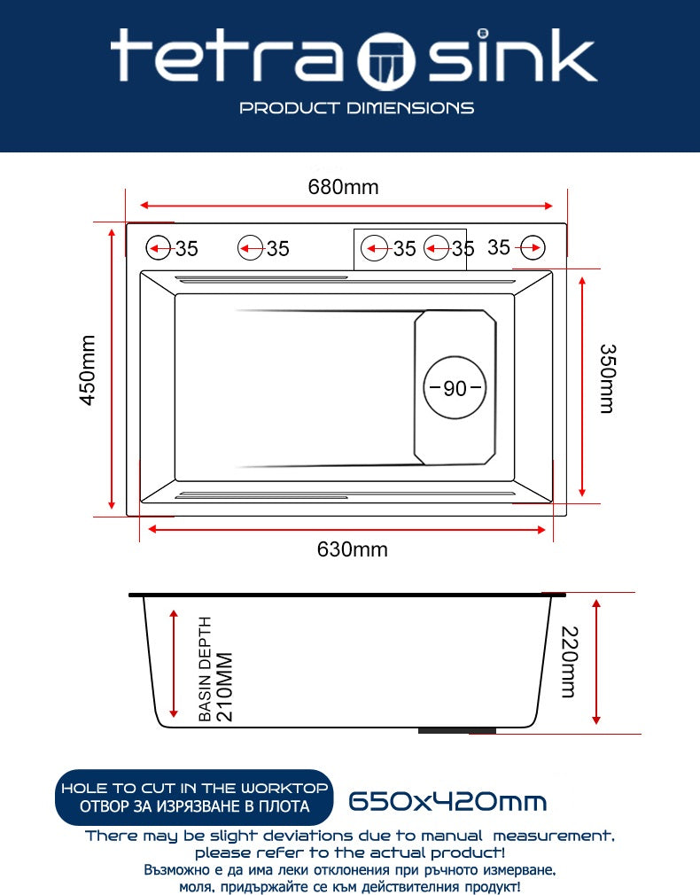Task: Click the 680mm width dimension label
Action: [x=343, y=187]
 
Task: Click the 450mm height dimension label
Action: [x=89, y=370]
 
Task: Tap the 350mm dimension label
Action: [x=605, y=378]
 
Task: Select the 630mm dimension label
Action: [x=352, y=549]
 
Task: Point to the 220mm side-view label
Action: [x=568, y=661]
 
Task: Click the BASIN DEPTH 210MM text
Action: [x=214, y=668]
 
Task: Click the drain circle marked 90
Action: [x=455, y=388]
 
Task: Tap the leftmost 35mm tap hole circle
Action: [x=159, y=248]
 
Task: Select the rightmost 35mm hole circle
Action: [x=533, y=248]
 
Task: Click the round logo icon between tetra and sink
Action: [x=386, y=60]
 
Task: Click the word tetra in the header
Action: [x=226, y=58]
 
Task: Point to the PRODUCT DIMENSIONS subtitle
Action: [x=357, y=108]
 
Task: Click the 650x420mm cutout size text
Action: [x=447, y=802]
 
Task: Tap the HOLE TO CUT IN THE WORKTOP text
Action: [x=194, y=788]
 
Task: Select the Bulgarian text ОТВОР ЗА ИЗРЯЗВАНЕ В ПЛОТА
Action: [x=194, y=806]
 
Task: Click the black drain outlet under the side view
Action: [x=456, y=731]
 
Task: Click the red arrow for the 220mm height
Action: [x=597, y=661]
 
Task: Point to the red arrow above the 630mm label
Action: [x=346, y=529]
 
